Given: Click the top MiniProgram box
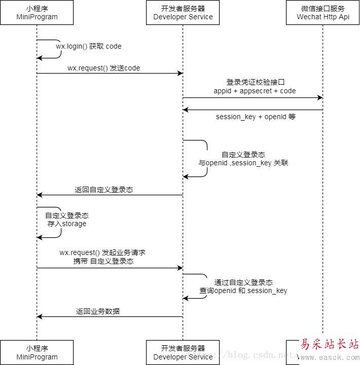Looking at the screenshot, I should (37, 13).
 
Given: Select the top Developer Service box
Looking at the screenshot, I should (183, 13).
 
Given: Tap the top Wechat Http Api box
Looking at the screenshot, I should (323, 13).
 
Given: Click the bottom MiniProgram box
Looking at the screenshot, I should (37, 352).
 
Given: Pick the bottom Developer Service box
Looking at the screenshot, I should (183, 352).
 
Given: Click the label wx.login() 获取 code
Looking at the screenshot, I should (89, 46).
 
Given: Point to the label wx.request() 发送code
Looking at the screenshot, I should (103, 68).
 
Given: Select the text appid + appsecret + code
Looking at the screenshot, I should (255, 91).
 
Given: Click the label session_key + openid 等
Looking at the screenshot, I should (256, 117).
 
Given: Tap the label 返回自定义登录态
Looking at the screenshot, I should (104, 190).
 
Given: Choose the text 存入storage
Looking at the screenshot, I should (67, 224).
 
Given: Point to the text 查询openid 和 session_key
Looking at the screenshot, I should (243, 290).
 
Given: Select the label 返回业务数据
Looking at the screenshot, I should (98, 311).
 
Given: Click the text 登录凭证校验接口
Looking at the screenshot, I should (252, 82).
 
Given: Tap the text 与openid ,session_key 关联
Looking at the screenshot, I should (243, 163).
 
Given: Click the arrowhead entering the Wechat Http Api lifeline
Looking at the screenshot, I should (319, 98).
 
